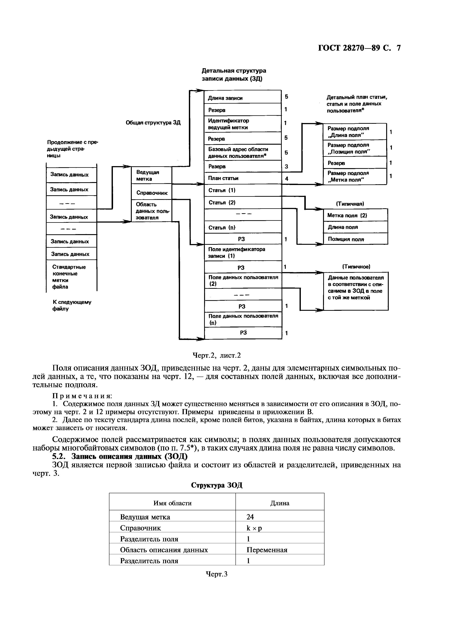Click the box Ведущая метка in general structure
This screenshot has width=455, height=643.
[151, 176]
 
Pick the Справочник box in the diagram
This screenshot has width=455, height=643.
[151, 193]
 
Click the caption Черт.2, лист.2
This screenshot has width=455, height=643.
[217, 355]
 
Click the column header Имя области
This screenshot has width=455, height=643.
[172, 503]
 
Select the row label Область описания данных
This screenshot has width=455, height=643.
[164, 550]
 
